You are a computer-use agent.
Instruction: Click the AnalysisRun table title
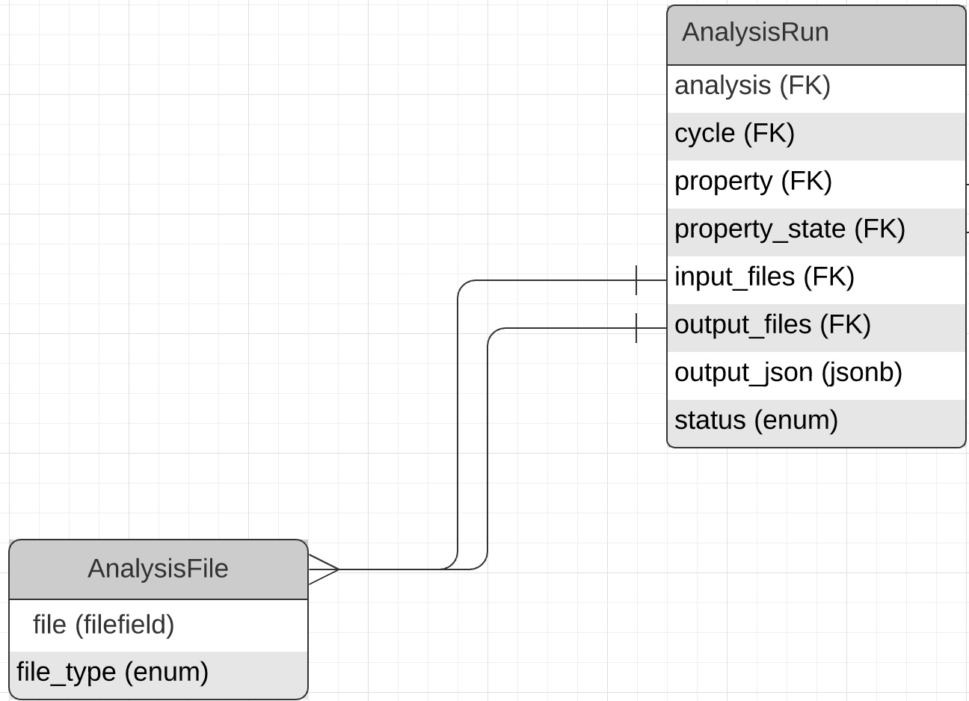point(755,33)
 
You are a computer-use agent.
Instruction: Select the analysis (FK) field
point(752,86)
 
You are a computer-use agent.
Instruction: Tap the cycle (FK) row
point(734,134)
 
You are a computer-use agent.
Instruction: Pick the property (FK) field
point(753,182)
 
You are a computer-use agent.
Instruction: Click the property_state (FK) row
point(790,229)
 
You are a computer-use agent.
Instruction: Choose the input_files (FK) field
point(764,277)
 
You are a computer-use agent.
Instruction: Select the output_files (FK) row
point(772,325)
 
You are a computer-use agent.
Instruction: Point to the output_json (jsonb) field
point(788,373)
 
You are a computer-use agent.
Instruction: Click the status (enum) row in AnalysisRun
point(756,421)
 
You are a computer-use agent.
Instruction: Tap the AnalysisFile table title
point(158,569)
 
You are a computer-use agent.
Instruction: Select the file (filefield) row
point(103,625)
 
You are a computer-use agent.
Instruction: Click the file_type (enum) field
point(112,673)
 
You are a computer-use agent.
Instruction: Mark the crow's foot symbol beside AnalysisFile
point(324,569)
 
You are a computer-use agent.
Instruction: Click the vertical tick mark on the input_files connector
point(636,280)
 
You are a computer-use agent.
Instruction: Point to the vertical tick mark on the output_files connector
point(636,328)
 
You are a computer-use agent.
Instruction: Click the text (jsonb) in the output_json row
point(861,373)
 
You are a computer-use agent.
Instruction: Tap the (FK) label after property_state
point(879,229)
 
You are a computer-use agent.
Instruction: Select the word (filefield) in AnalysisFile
point(124,625)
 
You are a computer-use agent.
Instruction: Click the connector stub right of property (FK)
point(968,184)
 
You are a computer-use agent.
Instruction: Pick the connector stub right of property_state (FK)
point(968,232)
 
